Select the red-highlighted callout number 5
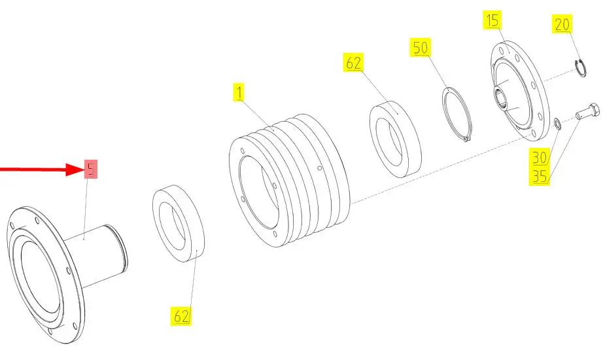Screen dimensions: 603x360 pos(91,169)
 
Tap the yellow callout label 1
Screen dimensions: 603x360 pos(239,93)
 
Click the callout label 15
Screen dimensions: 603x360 pos(492,20)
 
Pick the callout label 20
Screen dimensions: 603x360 pos(562,24)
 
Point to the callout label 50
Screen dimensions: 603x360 pos(421,47)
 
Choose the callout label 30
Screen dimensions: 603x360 pos(540,158)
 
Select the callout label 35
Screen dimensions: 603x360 pos(540,176)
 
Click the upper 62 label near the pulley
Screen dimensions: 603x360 pos(353,63)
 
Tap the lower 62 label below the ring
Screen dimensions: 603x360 pos(181,316)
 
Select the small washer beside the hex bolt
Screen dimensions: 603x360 pos(557,124)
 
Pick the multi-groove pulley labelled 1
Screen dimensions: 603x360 pos(289,180)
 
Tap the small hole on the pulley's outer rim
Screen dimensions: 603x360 pos(320,168)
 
